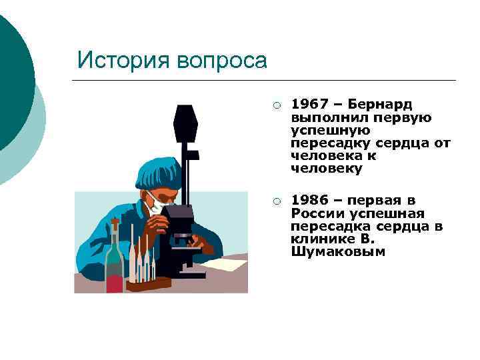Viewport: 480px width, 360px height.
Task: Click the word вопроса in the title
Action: pos(222,61)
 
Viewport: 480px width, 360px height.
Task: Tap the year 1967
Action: pos(309,105)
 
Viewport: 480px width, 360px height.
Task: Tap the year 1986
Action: pos(309,201)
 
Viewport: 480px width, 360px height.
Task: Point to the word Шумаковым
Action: pos(337,252)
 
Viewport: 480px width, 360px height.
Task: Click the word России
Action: pos(316,213)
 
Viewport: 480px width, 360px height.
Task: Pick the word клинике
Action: pos(320,239)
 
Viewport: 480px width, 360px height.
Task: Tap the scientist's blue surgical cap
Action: pos(157,172)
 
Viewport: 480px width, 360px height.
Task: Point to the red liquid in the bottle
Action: pos(115,282)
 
